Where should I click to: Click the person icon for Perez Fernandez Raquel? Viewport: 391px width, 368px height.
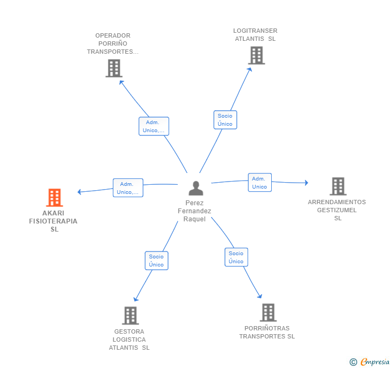click(195, 188)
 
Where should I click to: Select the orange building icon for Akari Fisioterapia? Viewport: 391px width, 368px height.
click(54, 198)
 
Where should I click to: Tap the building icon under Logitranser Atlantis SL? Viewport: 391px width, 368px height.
click(256, 55)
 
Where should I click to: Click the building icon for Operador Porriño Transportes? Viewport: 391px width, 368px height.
click(114, 68)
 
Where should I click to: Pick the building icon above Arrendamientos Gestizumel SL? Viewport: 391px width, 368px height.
click(338, 186)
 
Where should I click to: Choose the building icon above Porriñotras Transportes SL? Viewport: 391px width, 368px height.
click(269, 312)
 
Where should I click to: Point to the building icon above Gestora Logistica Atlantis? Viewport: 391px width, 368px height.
click(131, 315)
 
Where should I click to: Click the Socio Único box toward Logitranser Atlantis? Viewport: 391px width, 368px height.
click(225, 120)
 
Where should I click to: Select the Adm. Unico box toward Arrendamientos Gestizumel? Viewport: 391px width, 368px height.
click(259, 182)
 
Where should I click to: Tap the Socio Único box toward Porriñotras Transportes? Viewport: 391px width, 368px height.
click(236, 257)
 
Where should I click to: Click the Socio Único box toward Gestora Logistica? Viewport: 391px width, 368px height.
click(156, 261)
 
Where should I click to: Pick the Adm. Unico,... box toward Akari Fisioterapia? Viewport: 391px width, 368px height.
click(128, 188)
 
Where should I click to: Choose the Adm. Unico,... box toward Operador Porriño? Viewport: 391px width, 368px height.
click(154, 126)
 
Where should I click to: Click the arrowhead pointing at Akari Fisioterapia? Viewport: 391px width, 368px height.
click(79, 192)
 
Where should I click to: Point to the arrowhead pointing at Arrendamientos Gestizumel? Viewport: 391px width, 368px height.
click(307, 183)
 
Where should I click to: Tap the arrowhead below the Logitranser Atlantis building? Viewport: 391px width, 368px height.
click(249, 70)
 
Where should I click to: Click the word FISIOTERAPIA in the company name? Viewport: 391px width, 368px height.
click(53, 221)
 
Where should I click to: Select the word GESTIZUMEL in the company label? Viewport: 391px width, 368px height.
click(337, 210)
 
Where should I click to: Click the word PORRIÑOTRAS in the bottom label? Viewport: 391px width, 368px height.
click(267, 328)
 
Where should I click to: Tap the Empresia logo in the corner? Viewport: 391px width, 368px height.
click(370, 362)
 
